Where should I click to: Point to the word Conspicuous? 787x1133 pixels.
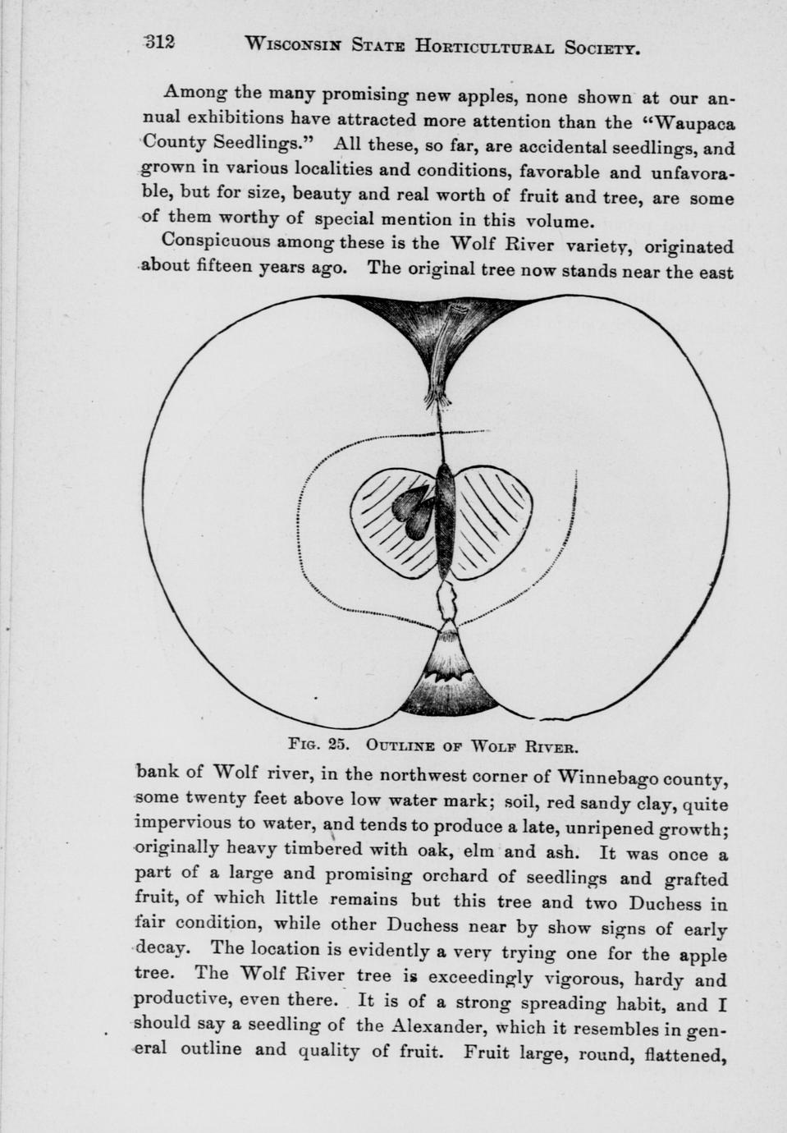point(216,241)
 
